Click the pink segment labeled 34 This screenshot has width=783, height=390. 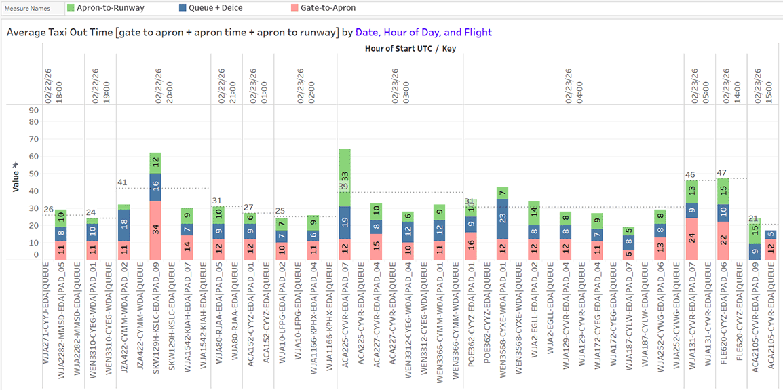155,229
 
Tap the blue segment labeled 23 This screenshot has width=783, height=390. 503,218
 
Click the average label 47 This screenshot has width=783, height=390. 721,173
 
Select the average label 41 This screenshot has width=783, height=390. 122,182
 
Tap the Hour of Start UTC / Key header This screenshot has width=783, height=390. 410,49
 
